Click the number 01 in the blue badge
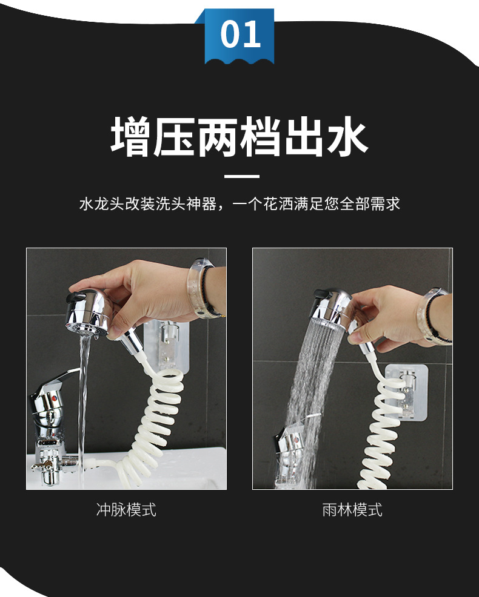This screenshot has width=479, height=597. tap(240, 35)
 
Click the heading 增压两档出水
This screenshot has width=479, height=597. tap(239, 138)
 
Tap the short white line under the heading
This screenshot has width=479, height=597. tap(241, 177)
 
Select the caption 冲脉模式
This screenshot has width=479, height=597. tap(126, 509)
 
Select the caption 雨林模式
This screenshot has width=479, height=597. tap(352, 509)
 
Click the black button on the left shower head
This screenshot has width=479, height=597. tap(78, 296)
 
